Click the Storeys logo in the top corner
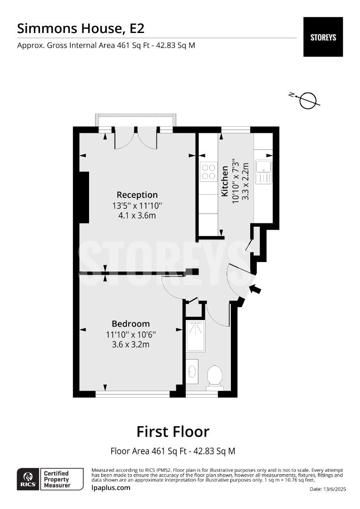click(x=323, y=37)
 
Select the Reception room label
click(x=137, y=195)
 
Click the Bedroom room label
click(x=131, y=324)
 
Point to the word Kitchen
click(x=225, y=181)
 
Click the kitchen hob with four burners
click(x=208, y=172)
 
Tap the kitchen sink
click(x=263, y=172)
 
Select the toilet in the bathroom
click(x=215, y=377)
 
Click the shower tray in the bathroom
click(x=195, y=336)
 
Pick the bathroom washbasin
click(x=192, y=371)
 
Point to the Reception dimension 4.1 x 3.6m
click(x=137, y=216)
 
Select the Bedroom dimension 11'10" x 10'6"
click(x=131, y=335)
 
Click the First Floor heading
click(x=173, y=431)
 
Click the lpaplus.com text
click(x=111, y=487)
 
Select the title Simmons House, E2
click(x=81, y=28)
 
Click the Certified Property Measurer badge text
click(x=56, y=479)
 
